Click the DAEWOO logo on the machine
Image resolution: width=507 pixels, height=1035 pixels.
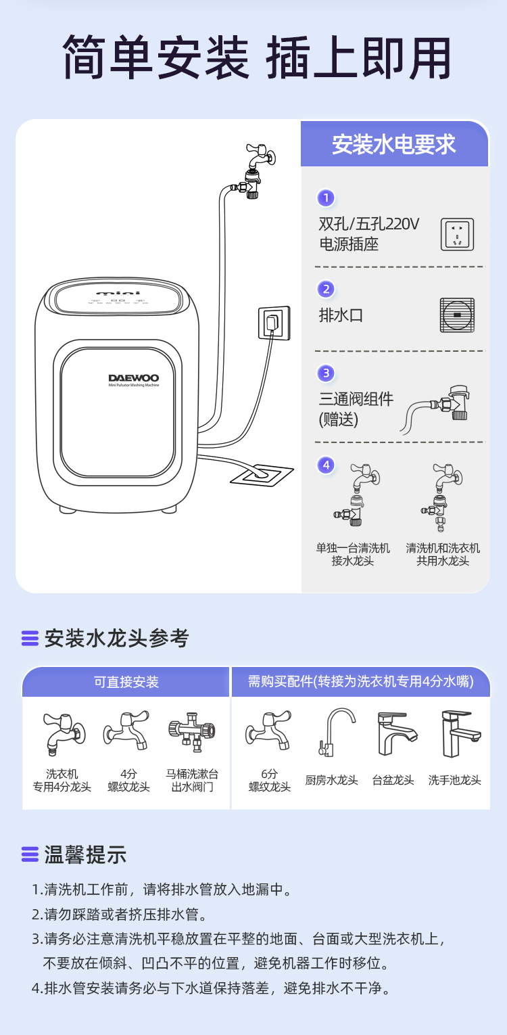pyautogui.click(x=133, y=378)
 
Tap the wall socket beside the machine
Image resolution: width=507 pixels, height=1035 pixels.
pyautogui.click(x=274, y=323)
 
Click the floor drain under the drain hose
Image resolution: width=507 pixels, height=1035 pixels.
pyautogui.click(x=262, y=475)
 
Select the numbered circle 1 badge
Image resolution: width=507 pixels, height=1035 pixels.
pyautogui.click(x=326, y=198)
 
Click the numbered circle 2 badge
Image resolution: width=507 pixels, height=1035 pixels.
pyautogui.click(x=326, y=290)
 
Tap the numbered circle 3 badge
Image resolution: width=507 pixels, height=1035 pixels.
pyautogui.click(x=326, y=373)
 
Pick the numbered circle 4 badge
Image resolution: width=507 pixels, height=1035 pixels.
pyautogui.click(x=326, y=465)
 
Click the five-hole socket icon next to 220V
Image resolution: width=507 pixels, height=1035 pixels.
pyautogui.click(x=457, y=234)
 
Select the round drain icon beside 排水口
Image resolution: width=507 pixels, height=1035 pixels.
pyautogui.click(x=457, y=315)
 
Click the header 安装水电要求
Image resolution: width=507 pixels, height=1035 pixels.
pyautogui.click(x=394, y=144)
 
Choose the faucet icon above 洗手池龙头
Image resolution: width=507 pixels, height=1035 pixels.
pyautogui.click(x=461, y=734)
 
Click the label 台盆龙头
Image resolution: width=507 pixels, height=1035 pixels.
pyautogui.click(x=393, y=780)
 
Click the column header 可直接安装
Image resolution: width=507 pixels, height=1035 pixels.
pyautogui.click(x=126, y=682)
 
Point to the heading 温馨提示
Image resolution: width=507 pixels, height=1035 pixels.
pyautogui.click(x=85, y=854)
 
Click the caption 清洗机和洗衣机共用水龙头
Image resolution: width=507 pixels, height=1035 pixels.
pyautogui.click(x=443, y=555)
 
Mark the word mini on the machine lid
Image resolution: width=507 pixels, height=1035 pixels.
pyautogui.click(x=117, y=293)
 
